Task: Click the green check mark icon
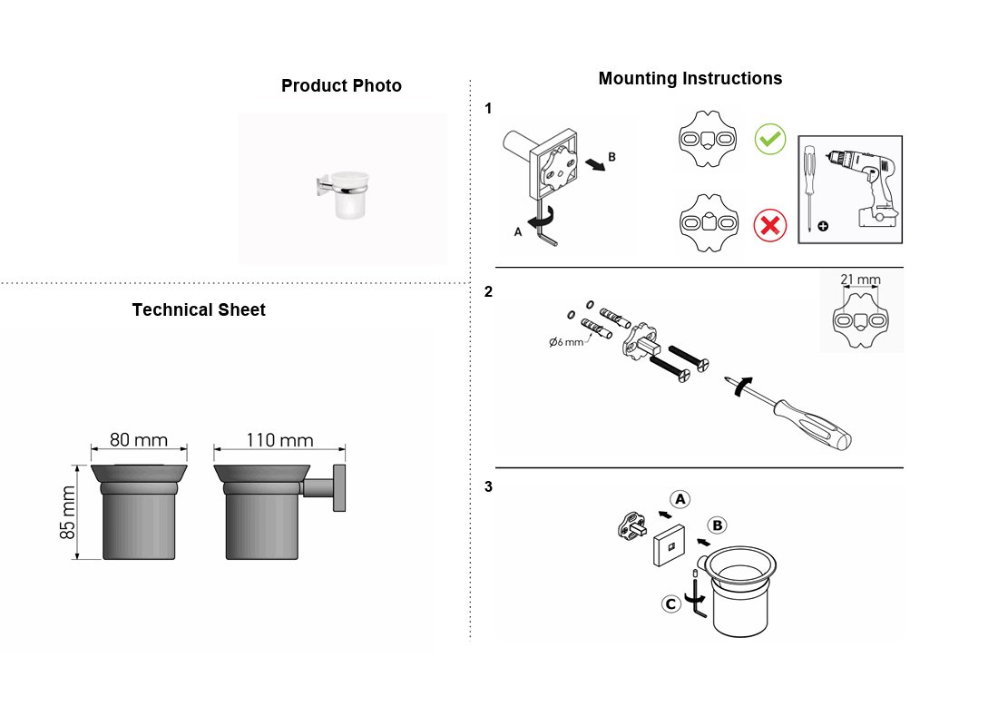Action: coord(770,139)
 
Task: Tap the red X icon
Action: coord(770,225)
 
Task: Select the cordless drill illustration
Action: coord(864,187)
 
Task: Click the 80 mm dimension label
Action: coord(139,440)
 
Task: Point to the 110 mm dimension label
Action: coord(279,440)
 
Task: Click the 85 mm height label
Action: coord(67,512)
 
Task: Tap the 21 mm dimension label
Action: coord(860,280)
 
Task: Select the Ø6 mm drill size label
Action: coord(566,342)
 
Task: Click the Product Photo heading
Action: coord(341,85)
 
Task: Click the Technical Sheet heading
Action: coord(199,309)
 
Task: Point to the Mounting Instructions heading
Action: coord(690,78)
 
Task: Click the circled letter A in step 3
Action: coord(680,499)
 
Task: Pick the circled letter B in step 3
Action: coord(718,525)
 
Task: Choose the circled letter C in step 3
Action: coord(670,603)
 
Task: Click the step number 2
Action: coord(488,291)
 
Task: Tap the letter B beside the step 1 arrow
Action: coord(612,157)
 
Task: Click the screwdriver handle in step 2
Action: coord(813,424)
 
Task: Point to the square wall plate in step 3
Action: coord(670,545)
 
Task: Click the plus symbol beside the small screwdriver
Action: coord(823,225)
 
